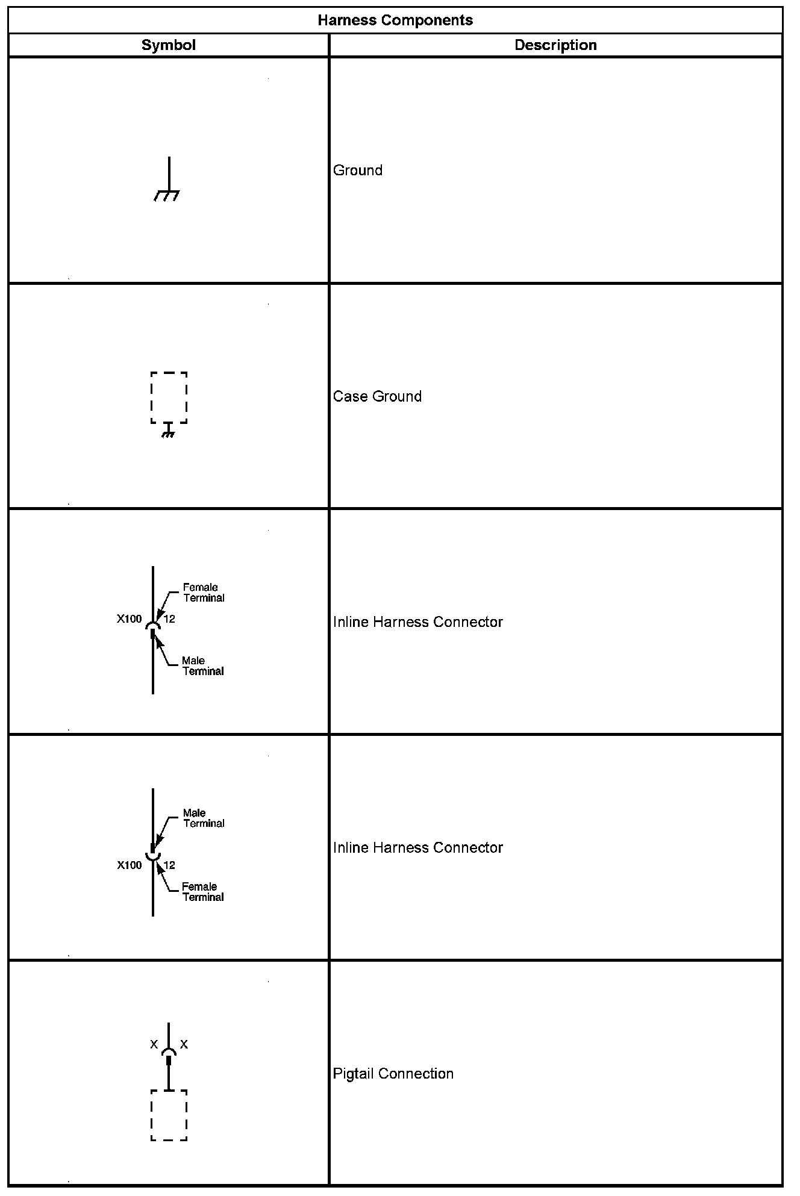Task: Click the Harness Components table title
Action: [395, 20]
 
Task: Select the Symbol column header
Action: [168, 45]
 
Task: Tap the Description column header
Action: [555, 45]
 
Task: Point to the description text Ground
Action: [358, 170]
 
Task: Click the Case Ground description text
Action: [377, 396]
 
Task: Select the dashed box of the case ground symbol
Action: [169, 397]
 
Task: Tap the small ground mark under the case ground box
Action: [169, 431]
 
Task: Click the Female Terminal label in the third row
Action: [204, 593]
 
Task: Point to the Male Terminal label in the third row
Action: [203, 666]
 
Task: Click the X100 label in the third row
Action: [130, 619]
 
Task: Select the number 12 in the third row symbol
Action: [169, 619]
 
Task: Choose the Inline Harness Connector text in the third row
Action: [417, 622]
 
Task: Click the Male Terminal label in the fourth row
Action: [204, 818]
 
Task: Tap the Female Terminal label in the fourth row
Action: [203, 892]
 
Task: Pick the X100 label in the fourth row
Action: [130, 865]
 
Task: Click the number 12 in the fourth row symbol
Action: [169, 865]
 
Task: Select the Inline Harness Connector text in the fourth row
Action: [417, 848]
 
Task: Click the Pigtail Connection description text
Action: [393, 1074]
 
